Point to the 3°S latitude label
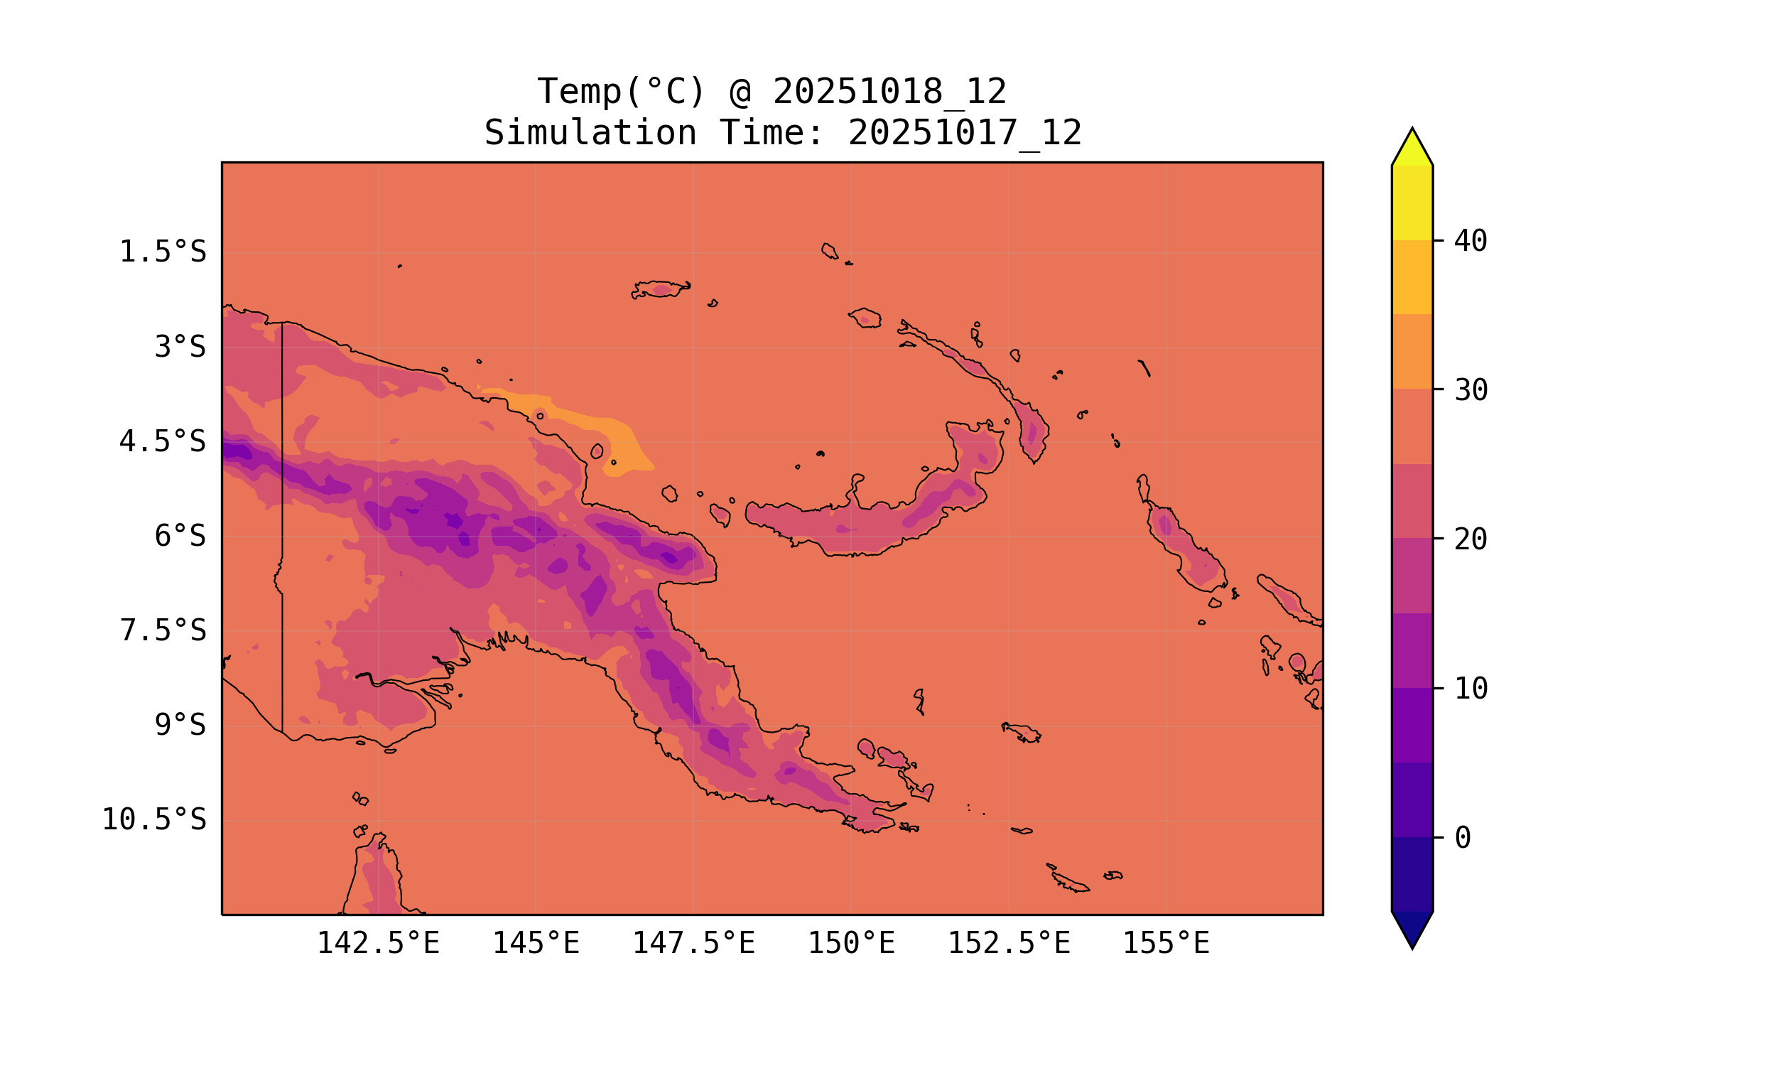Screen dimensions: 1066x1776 180,348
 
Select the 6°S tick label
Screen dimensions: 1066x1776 180,537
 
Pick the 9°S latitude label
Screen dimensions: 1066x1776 180,726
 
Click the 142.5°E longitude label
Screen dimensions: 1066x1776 378,943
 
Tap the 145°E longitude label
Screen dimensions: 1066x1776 536,943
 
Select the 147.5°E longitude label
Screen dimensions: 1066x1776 693,943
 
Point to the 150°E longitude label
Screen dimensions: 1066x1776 851,943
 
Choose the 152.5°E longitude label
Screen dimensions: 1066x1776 1009,943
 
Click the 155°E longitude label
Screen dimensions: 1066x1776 1166,943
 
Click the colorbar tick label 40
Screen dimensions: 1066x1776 1471,242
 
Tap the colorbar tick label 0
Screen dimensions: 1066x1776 1462,839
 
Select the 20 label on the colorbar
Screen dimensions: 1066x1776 1471,539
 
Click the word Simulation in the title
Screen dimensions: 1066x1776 590,134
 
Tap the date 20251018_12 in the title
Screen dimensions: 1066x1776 889,92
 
